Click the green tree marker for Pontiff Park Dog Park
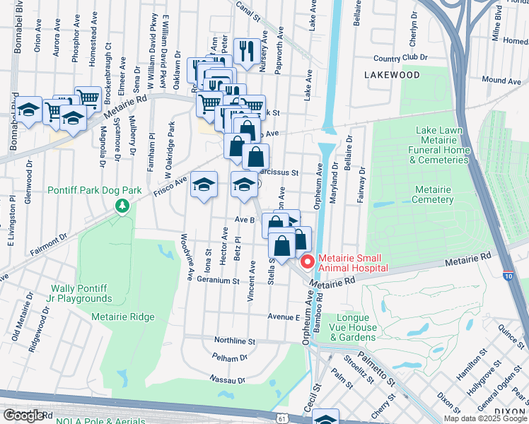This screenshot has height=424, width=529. tap(123, 206)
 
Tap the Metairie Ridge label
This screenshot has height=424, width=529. tap(123, 317)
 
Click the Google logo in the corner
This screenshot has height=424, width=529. tap(24, 416)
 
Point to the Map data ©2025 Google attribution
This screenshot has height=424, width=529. tap(485, 418)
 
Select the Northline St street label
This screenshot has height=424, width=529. tap(234, 341)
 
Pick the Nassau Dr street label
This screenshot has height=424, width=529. tap(227, 379)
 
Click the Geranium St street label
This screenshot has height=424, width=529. tap(219, 281)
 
